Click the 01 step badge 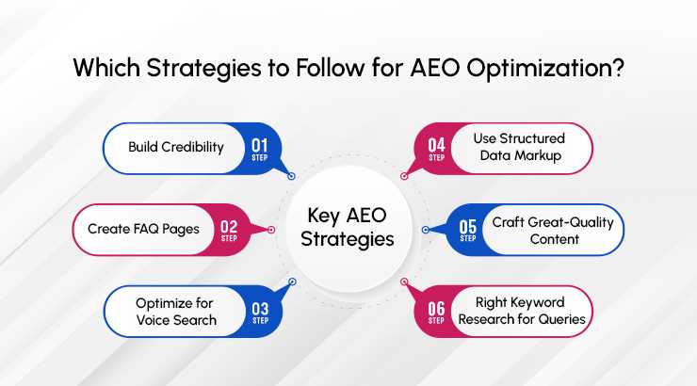259,148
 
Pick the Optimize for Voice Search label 174,312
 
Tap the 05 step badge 468,229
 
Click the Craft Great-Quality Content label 552,230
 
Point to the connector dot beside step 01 292,175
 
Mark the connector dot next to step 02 271,229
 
